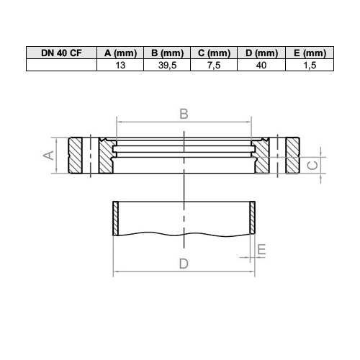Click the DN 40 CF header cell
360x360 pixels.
(61, 53)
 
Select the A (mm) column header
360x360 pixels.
(120, 53)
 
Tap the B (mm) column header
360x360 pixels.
(167, 53)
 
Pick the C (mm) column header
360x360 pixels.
(214, 53)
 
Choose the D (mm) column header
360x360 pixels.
(261, 53)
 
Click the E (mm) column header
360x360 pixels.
(310, 53)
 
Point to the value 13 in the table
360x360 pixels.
(120, 65)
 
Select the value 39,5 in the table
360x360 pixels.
(167, 66)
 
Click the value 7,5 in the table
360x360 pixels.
(214, 66)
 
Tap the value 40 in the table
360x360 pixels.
(261, 65)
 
